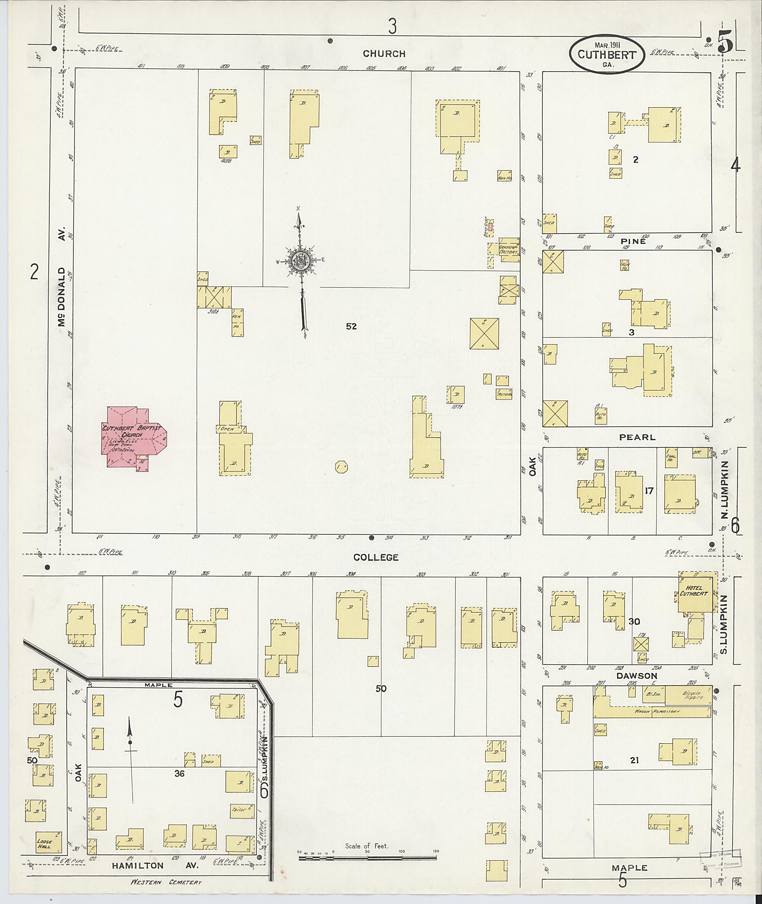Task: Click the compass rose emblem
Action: pos(298,261)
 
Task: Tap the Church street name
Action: pos(384,54)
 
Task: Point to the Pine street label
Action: pos(634,241)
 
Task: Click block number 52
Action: pos(351,326)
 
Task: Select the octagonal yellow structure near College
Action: pos(341,467)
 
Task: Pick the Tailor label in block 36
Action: pos(239,809)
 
